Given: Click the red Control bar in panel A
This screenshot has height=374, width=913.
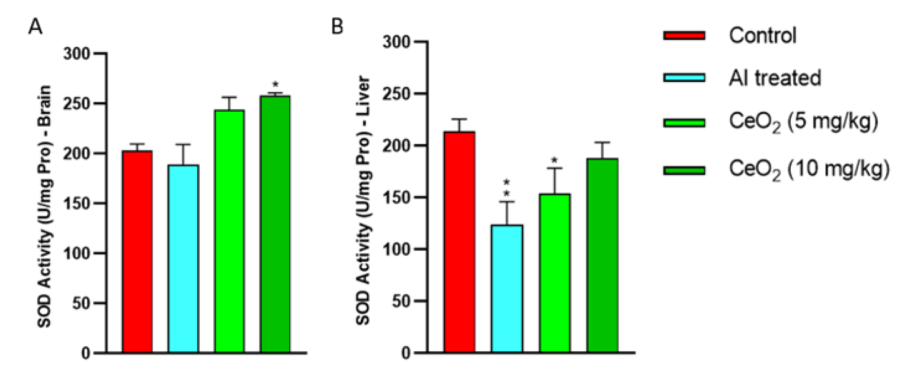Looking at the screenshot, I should (x=137, y=252).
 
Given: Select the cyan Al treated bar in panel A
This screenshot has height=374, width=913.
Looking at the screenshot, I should (x=183, y=259).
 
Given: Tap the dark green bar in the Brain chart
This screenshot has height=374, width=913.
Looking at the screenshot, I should (x=275, y=224).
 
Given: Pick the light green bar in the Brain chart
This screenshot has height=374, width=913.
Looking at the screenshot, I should (x=229, y=231).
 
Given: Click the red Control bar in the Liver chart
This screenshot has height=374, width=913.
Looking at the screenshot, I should (x=459, y=242).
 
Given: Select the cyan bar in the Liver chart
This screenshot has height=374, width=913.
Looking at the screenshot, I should (x=507, y=289).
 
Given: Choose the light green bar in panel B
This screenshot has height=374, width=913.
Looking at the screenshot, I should (x=555, y=273).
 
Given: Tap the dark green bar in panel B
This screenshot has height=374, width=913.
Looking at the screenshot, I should (x=602, y=256).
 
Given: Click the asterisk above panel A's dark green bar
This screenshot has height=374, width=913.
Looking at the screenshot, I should (x=275, y=85).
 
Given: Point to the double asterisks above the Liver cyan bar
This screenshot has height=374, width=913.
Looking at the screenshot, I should (x=507, y=188).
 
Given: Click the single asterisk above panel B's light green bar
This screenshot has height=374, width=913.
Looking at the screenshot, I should (x=555, y=160).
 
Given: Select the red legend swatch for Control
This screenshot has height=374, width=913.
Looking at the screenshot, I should (x=684, y=35).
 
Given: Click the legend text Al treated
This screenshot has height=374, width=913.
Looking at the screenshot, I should (x=775, y=78).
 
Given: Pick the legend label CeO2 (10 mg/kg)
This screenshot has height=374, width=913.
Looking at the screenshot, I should (x=809, y=170).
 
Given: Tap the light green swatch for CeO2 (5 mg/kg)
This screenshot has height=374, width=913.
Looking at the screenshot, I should (x=684, y=123).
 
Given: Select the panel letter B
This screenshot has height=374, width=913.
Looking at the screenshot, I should (x=337, y=26).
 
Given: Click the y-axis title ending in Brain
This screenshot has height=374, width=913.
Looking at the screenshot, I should (x=44, y=206).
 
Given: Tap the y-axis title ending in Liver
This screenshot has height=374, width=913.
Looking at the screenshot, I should (x=363, y=200).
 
